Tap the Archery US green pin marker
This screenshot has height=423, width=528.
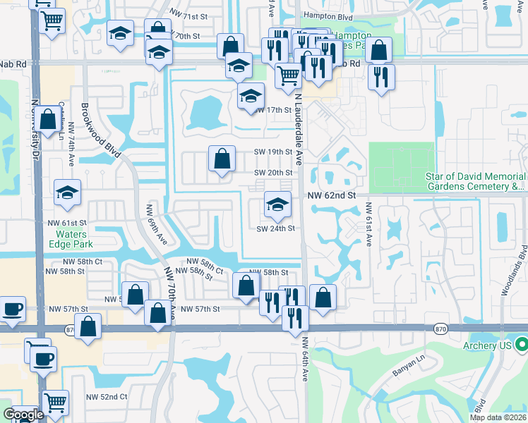click(x=522, y=345)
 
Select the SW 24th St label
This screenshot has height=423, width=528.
click(x=275, y=228)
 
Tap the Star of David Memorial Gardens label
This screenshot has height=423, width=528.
click(x=474, y=181)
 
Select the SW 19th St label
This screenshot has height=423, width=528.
click(x=273, y=152)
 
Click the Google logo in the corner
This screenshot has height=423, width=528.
click(x=23, y=415)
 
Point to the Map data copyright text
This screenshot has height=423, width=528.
click(x=498, y=417)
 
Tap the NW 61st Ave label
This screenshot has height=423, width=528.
click(x=368, y=225)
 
